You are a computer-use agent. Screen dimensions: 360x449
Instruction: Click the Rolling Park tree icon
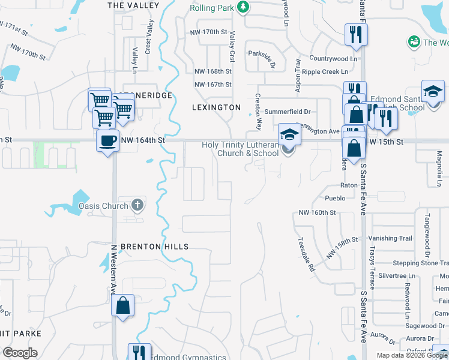click(243, 8)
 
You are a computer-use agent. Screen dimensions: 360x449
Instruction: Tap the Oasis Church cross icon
click(137, 206)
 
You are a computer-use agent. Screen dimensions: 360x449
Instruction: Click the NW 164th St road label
click(142, 140)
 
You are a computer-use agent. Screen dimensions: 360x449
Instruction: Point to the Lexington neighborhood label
click(215, 107)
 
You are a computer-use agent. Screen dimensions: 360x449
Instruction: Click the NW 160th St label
click(317, 213)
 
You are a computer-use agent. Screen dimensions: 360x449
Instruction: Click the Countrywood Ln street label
click(333, 59)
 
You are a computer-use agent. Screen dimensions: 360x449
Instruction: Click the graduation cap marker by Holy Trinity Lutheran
click(289, 135)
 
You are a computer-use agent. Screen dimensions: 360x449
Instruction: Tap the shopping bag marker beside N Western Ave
click(122, 306)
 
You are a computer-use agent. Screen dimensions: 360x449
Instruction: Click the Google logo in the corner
click(19, 353)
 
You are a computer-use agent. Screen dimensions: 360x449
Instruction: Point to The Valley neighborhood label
click(133, 5)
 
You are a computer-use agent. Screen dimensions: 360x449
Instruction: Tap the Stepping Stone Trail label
click(420, 263)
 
